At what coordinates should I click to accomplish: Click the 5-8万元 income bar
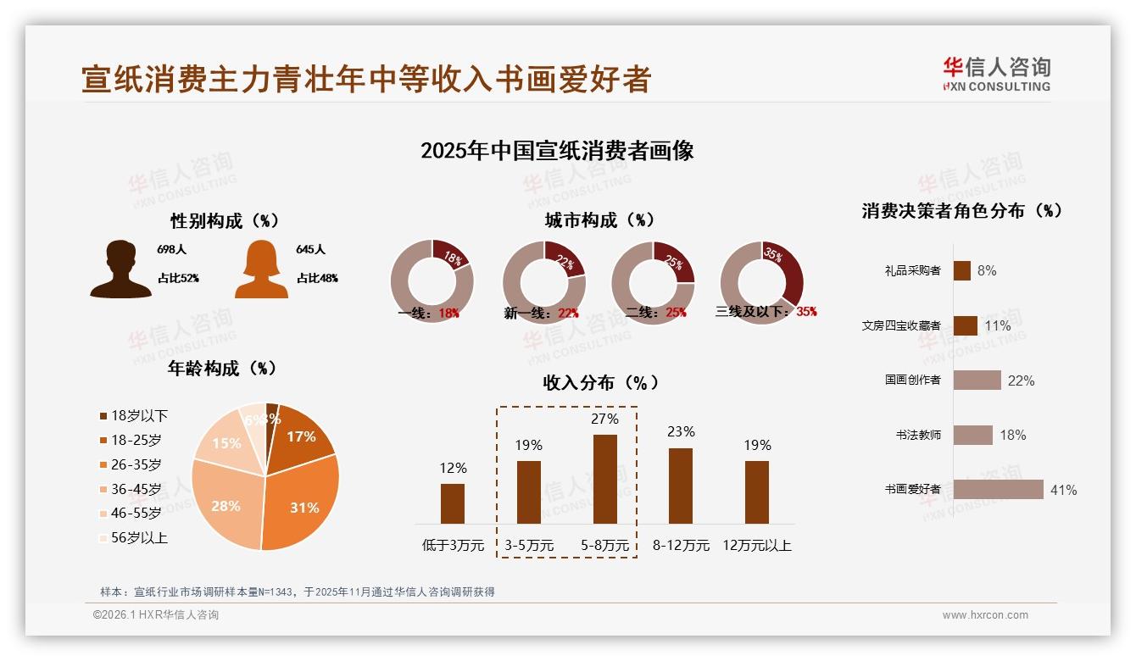point(604,479)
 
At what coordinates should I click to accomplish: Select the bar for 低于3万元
point(453,503)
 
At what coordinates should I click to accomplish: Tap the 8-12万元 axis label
point(681,546)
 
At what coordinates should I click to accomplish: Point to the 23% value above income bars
point(681,432)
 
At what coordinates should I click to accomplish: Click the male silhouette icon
point(120,269)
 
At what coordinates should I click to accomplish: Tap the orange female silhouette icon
point(261,269)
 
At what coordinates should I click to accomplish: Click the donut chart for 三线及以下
point(761,281)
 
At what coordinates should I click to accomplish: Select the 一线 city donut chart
point(432,281)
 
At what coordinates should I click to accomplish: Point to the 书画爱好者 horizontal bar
point(998,489)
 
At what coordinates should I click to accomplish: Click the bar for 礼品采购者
point(961,270)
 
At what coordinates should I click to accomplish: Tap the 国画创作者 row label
point(912,380)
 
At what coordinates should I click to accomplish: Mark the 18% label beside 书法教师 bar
point(1012,435)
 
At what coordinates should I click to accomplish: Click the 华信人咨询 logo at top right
point(996,74)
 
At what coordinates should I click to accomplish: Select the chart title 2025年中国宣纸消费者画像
point(557,151)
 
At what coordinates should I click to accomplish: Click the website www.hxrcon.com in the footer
point(985,615)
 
